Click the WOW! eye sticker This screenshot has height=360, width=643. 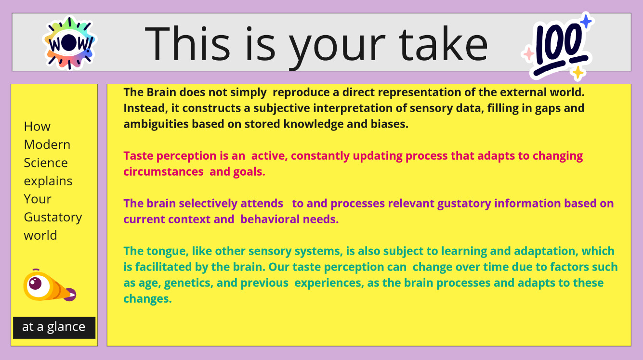click(x=69, y=43)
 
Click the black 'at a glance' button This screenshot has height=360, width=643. click(x=54, y=328)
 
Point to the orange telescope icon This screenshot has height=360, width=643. click(x=50, y=285)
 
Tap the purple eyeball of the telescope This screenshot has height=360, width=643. click(x=36, y=283)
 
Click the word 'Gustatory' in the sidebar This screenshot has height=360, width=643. click(x=53, y=218)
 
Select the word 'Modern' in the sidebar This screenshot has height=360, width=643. click(x=47, y=144)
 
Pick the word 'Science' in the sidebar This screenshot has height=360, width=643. click(x=46, y=163)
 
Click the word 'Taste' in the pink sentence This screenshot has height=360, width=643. click(x=138, y=156)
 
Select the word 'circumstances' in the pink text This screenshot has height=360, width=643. click(x=164, y=172)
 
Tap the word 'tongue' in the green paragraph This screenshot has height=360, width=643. click(x=168, y=252)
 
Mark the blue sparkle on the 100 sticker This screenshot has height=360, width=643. click(x=586, y=22)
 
